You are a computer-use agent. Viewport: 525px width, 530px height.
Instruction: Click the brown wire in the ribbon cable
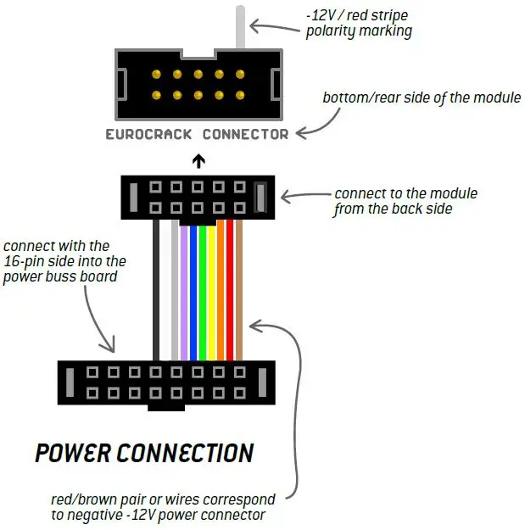pyautogui.click(x=238, y=290)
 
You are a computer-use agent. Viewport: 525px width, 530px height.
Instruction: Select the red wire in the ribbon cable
pyautogui.click(x=230, y=290)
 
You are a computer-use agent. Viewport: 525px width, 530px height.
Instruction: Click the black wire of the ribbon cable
pyautogui.click(x=156, y=290)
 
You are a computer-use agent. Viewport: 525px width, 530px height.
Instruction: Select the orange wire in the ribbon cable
pyautogui.click(x=221, y=290)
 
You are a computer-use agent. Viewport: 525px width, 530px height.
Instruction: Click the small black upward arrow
pyautogui.click(x=198, y=161)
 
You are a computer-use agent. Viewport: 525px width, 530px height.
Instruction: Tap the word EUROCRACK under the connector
pyautogui.click(x=148, y=134)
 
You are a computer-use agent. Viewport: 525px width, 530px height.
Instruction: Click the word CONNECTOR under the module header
pyautogui.click(x=245, y=134)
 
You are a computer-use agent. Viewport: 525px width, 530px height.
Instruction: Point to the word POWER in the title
pyautogui.click(x=73, y=453)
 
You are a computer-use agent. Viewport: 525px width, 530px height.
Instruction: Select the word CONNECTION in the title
pyautogui.click(x=185, y=453)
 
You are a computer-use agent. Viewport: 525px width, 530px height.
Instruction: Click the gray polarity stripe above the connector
pyautogui.click(x=240, y=27)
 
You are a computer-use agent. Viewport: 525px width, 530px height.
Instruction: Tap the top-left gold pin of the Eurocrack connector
pyautogui.click(x=156, y=74)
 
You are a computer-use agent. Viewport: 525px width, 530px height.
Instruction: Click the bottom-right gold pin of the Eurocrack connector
pyautogui.click(x=240, y=95)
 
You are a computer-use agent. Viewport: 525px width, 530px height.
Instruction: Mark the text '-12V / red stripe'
pyautogui.click(x=357, y=15)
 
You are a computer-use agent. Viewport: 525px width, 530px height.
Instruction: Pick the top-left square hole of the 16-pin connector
pyautogui.click(x=92, y=372)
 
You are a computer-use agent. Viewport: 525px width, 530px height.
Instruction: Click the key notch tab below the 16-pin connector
pyautogui.click(x=166, y=408)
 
